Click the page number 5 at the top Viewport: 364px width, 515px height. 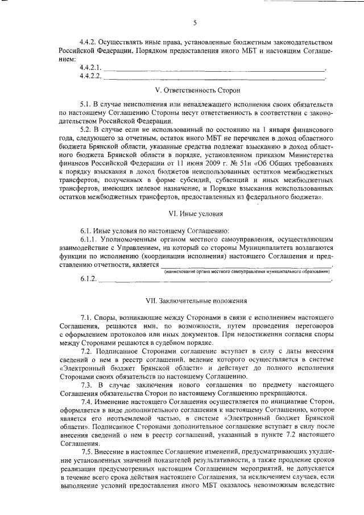[195, 23]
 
